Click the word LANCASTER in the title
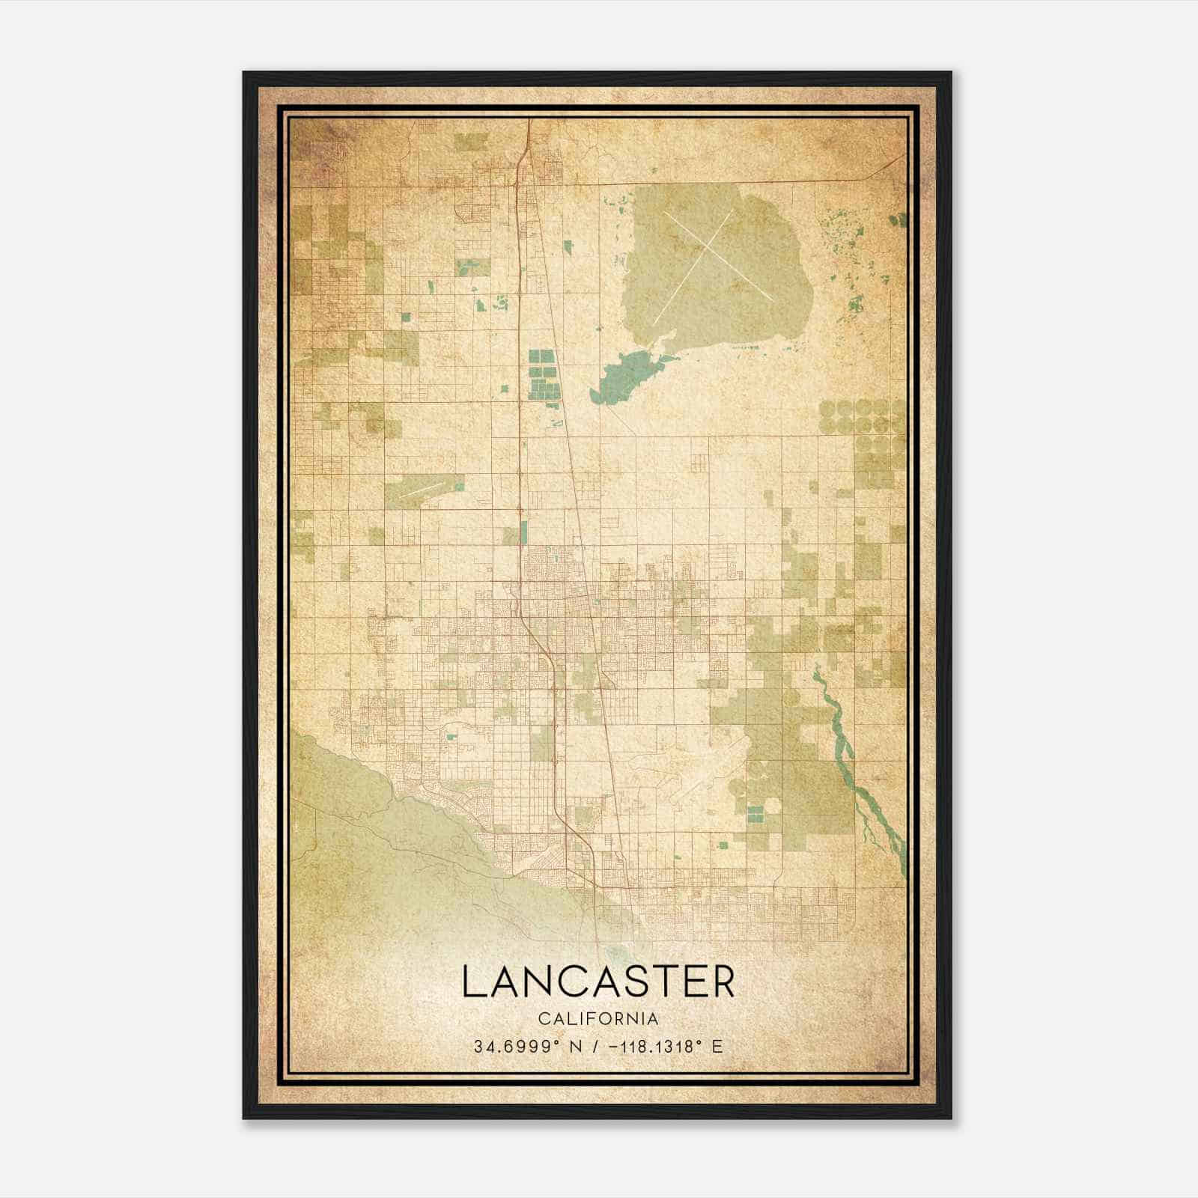tap(598, 982)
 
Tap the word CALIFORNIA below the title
tap(598, 1019)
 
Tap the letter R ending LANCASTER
tap(720, 982)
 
